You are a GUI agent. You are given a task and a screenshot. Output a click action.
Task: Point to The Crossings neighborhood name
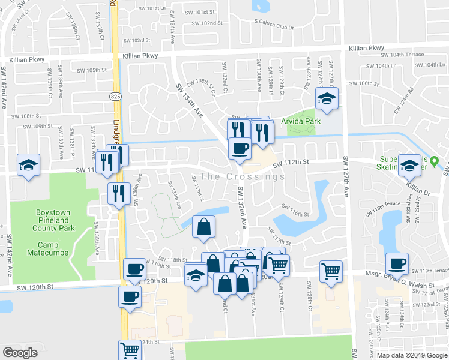[243, 176]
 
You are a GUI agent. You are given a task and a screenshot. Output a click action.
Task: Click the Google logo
[20, 352]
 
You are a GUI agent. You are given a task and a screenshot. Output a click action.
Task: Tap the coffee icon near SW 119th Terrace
[396, 263]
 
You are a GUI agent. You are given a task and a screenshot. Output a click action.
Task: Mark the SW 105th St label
[92, 70]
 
